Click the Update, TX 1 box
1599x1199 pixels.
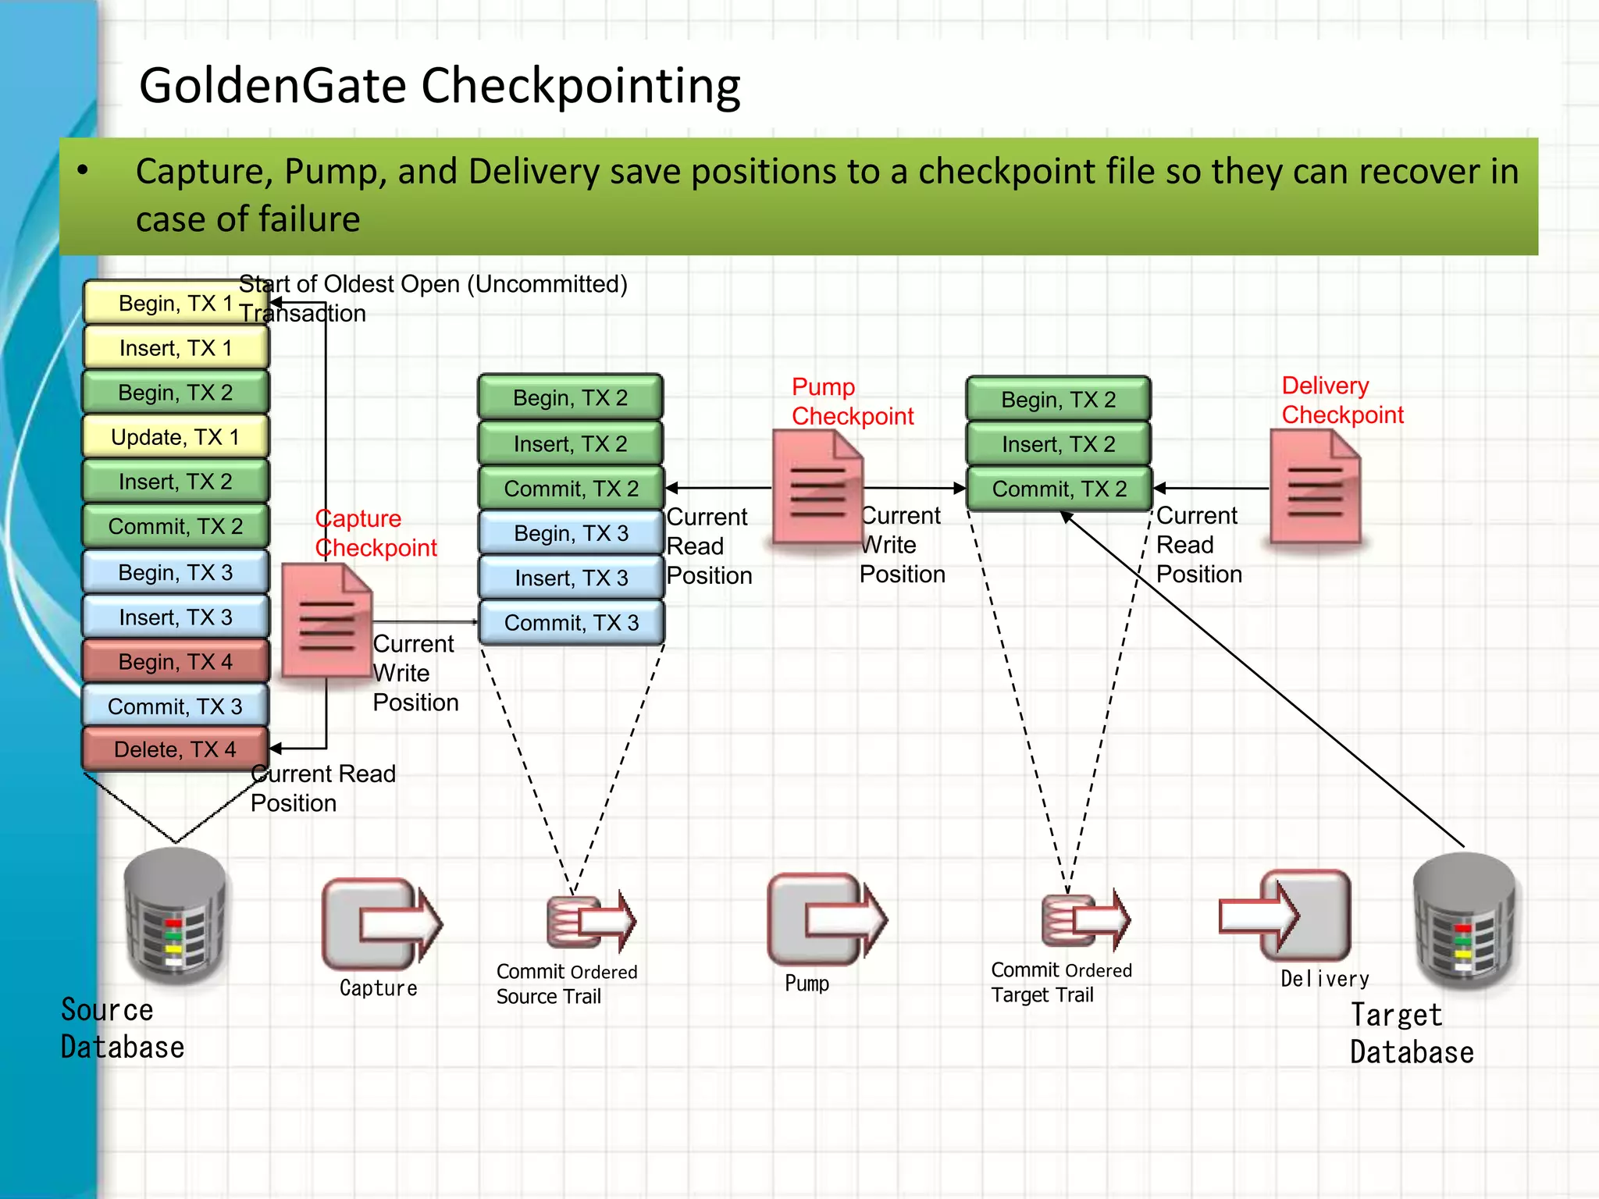click(x=175, y=437)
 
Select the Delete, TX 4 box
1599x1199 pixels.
click(x=175, y=749)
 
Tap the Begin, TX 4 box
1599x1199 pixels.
click(x=175, y=662)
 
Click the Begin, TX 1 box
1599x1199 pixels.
click(x=175, y=303)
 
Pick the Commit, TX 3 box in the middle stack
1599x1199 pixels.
click(x=571, y=623)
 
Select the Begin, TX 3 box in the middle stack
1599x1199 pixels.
click(x=571, y=533)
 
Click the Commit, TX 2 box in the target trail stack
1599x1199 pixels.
click(x=1059, y=489)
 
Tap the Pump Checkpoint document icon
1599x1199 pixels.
click(x=817, y=488)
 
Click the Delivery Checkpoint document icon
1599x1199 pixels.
click(x=1315, y=488)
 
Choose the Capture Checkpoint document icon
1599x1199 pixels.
click(x=326, y=621)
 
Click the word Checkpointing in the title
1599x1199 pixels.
click(x=581, y=86)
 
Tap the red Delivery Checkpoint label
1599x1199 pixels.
click(x=1341, y=400)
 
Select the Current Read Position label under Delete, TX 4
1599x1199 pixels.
click(x=322, y=788)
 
